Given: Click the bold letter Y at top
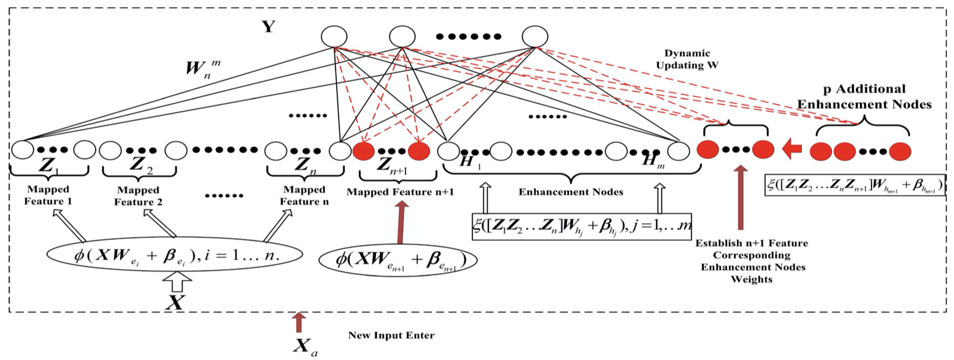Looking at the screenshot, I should pyautogui.click(x=268, y=27).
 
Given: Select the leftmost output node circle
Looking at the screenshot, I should pyautogui.click(x=334, y=37).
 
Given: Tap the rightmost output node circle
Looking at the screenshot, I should pyautogui.click(x=535, y=37).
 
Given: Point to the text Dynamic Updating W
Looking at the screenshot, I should pyautogui.click(x=687, y=59).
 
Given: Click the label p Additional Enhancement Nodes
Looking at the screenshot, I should pyautogui.click(x=864, y=97).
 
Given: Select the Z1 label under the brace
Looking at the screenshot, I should pyautogui.click(x=48, y=166).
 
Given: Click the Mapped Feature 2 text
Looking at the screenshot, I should pyautogui.click(x=138, y=196).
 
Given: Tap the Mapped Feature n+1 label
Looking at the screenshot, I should pyautogui.click(x=400, y=192).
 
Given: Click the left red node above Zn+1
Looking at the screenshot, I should pyautogui.click(x=364, y=151).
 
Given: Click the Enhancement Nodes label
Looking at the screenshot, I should pyautogui.click(x=570, y=192).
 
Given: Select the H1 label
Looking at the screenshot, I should pyautogui.click(x=470, y=162).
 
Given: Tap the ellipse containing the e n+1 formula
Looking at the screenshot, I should pyautogui.click(x=398, y=260).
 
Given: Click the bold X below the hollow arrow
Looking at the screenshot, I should pyautogui.click(x=174, y=303).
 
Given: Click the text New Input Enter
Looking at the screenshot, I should pyautogui.click(x=391, y=336).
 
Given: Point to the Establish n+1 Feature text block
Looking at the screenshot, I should pyautogui.click(x=752, y=261).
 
